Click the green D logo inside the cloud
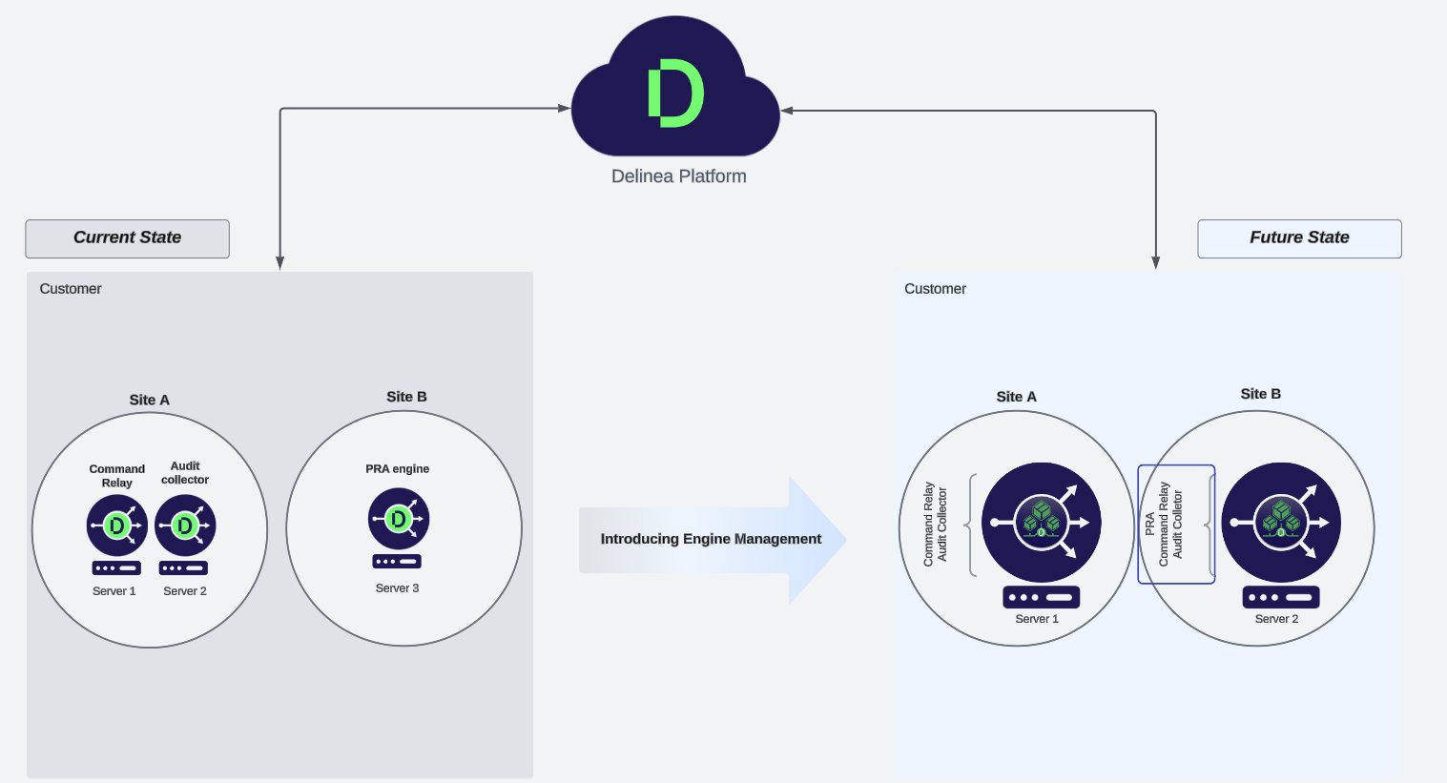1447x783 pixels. (675, 93)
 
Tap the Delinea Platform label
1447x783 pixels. (678, 176)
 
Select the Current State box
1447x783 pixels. (127, 238)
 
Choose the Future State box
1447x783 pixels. (1299, 238)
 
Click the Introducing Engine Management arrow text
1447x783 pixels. (711, 539)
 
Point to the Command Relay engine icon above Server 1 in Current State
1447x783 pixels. (116, 525)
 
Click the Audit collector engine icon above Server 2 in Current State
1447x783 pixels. (185, 525)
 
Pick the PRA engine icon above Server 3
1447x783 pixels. (399, 519)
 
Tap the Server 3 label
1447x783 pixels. (397, 588)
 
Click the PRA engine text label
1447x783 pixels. (397, 469)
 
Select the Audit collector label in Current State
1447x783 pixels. (185, 473)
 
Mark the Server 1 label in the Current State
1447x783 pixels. (114, 591)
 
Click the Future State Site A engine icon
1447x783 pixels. (1041, 523)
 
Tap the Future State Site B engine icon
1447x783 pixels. (1281, 523)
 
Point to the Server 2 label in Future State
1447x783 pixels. (1276, 619)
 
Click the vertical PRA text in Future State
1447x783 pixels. (1149, 524)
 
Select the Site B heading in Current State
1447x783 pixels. (406, 397)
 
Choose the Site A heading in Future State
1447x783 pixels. (1016, 397)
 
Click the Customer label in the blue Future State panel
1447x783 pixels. (935, 289)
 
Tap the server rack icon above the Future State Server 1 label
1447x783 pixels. (1041, 598)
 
